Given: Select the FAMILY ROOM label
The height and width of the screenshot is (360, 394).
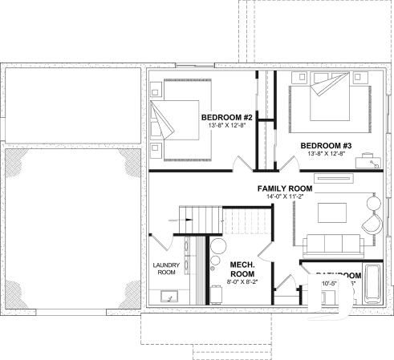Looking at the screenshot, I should pos(284,188).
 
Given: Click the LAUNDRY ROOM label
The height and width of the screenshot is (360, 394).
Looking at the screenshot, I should pos(165,268).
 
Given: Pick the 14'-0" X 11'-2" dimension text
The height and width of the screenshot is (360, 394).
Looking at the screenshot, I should pos(284,197).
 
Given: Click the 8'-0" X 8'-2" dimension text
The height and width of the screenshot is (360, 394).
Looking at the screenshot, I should pos(242,282).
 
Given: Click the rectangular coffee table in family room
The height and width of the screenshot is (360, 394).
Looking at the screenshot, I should pos(332,212).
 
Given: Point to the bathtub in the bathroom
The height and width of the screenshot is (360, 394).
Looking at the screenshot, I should pos(371,285).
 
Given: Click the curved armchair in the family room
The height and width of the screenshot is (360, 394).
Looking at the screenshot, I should pos(372,214).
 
